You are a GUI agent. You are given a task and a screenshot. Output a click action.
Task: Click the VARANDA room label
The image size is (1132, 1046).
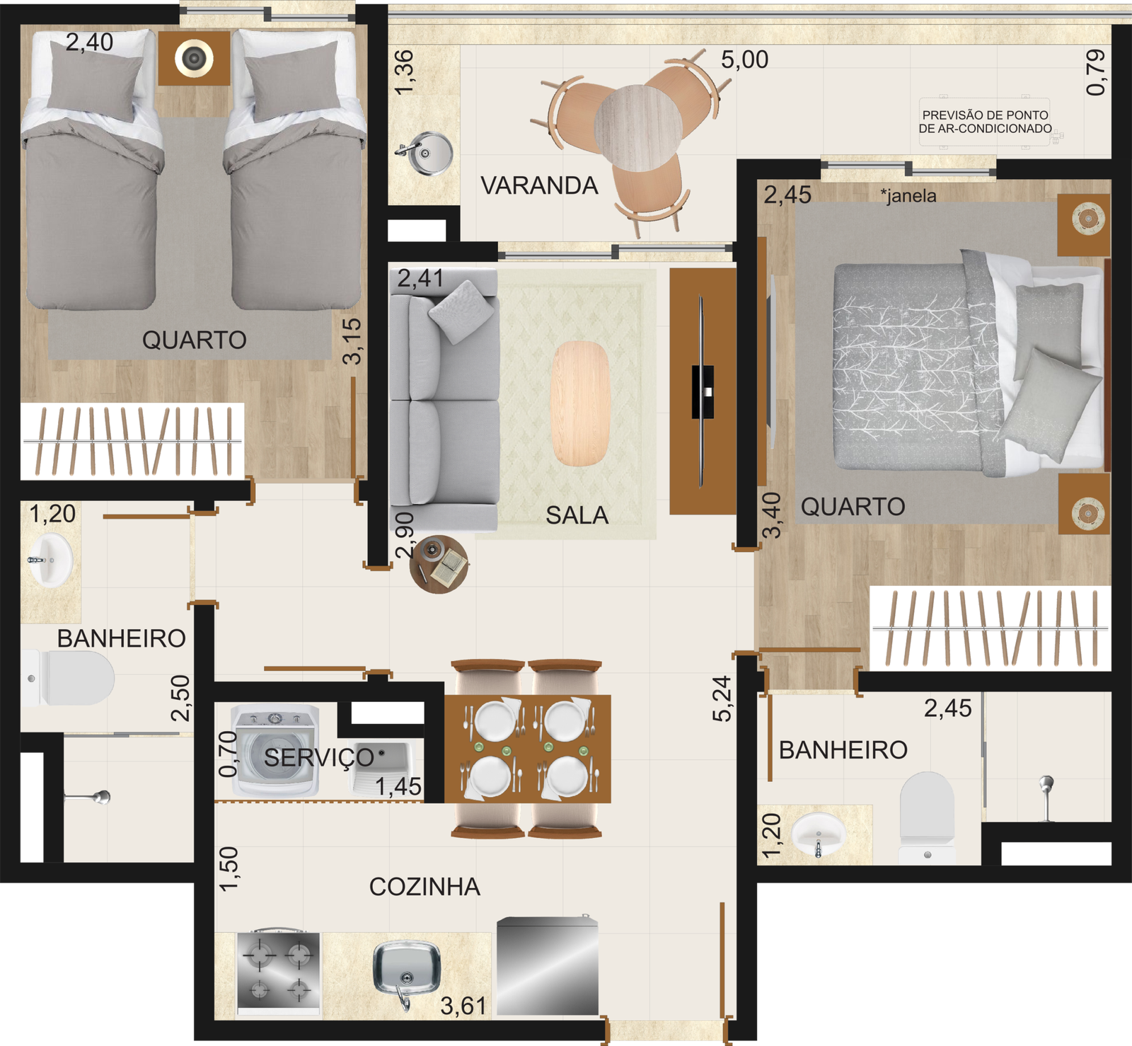point(539,185)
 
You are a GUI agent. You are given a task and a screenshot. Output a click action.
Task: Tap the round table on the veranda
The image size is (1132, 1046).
point(638,128)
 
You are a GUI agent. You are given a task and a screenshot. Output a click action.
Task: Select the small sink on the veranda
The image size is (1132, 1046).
point(425,154)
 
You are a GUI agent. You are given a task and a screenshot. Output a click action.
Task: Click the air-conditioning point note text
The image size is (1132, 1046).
point(985,122)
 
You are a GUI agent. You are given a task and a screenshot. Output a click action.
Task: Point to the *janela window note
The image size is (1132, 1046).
point(908,195)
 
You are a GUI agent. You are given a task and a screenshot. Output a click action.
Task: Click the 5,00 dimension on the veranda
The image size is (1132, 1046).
point(744,59)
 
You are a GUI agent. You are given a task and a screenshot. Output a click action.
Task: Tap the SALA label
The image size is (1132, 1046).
point(577,515)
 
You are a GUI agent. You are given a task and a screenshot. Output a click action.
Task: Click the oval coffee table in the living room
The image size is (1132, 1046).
point(580,403)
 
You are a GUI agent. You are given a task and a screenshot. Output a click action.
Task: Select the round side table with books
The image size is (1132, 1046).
point(439,564)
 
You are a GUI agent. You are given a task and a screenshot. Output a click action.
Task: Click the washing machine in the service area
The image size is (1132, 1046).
point(276,751)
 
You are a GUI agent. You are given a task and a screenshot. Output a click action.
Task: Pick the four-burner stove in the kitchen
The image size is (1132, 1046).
point(278,973)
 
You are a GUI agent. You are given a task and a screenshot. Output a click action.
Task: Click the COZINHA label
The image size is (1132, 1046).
point(424,887)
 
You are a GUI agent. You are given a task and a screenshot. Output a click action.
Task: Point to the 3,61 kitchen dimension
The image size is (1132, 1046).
point(463,1006)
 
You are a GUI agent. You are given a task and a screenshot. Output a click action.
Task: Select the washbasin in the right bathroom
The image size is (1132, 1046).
point(819,834)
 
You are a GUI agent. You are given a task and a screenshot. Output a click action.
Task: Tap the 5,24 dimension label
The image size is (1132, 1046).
point(722,699)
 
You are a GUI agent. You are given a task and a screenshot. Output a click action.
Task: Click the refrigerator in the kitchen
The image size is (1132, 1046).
point(548,966)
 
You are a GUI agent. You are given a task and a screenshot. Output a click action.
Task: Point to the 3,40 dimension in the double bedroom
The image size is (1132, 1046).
point(772,515)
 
